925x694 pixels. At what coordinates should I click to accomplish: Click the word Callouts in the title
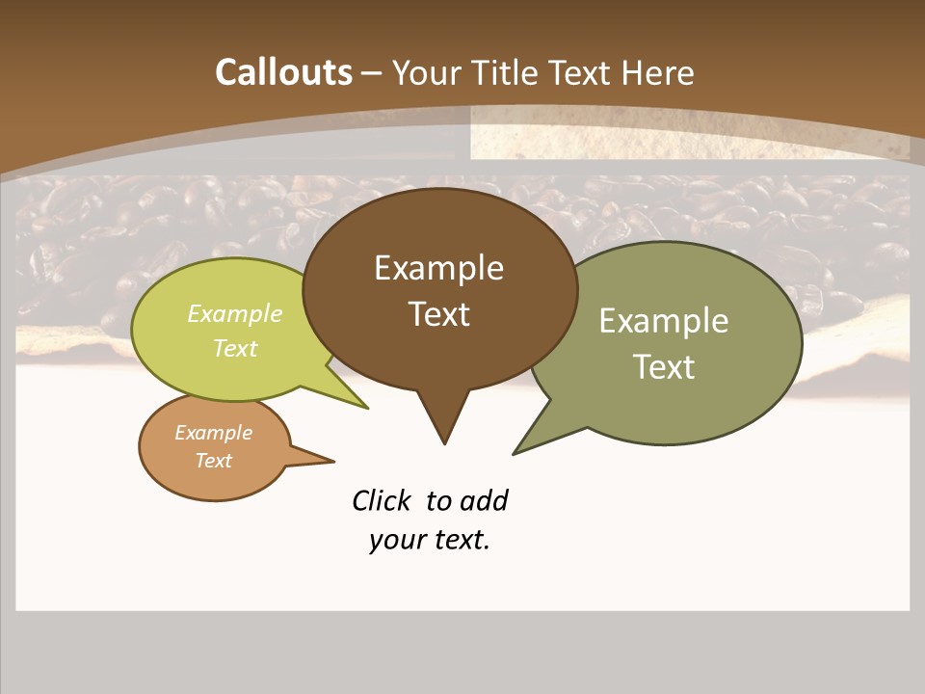pos(283,72)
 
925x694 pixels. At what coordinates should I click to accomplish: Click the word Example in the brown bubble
pos(438,268)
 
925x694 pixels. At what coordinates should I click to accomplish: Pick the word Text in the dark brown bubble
pos(438,314)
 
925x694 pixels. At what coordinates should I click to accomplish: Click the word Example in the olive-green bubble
pos(664,321)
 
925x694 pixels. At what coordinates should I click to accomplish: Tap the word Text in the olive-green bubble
pos(664,367)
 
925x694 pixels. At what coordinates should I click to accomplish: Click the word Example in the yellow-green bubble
pos(235,313)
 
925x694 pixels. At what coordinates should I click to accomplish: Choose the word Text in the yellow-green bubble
pos(235,348)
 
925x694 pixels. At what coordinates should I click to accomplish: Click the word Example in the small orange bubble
pos(213,433)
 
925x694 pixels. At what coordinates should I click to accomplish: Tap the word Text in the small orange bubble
pos(213,461)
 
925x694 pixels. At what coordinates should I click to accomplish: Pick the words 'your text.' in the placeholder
pos(430,540)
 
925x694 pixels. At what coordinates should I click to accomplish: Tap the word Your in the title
pos(427,72)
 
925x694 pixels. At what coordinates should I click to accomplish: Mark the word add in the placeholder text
pos(483,501)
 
